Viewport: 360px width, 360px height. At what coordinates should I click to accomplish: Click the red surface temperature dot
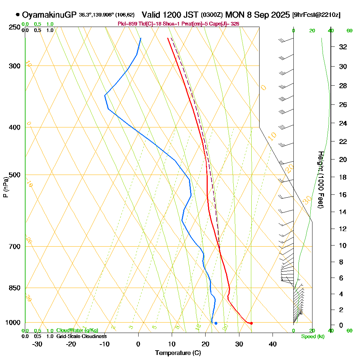(251, 323)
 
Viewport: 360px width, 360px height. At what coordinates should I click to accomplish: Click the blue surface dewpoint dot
(216, 323)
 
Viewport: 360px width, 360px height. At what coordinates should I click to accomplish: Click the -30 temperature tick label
(37, 344)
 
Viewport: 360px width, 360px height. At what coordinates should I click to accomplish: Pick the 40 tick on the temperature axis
(273, 344)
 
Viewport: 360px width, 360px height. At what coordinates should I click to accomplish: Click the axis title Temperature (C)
(178, 353)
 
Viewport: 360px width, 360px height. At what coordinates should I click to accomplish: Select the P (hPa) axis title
(5, 187)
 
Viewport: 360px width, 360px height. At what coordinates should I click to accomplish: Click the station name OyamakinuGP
(49, 15)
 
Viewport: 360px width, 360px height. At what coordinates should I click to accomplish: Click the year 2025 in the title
(278, 15)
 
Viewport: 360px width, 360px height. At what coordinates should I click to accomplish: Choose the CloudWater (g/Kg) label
(77, 330)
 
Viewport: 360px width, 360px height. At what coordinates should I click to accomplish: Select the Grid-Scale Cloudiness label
(81, 336)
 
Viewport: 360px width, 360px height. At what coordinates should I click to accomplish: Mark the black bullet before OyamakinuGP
(18, 15)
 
